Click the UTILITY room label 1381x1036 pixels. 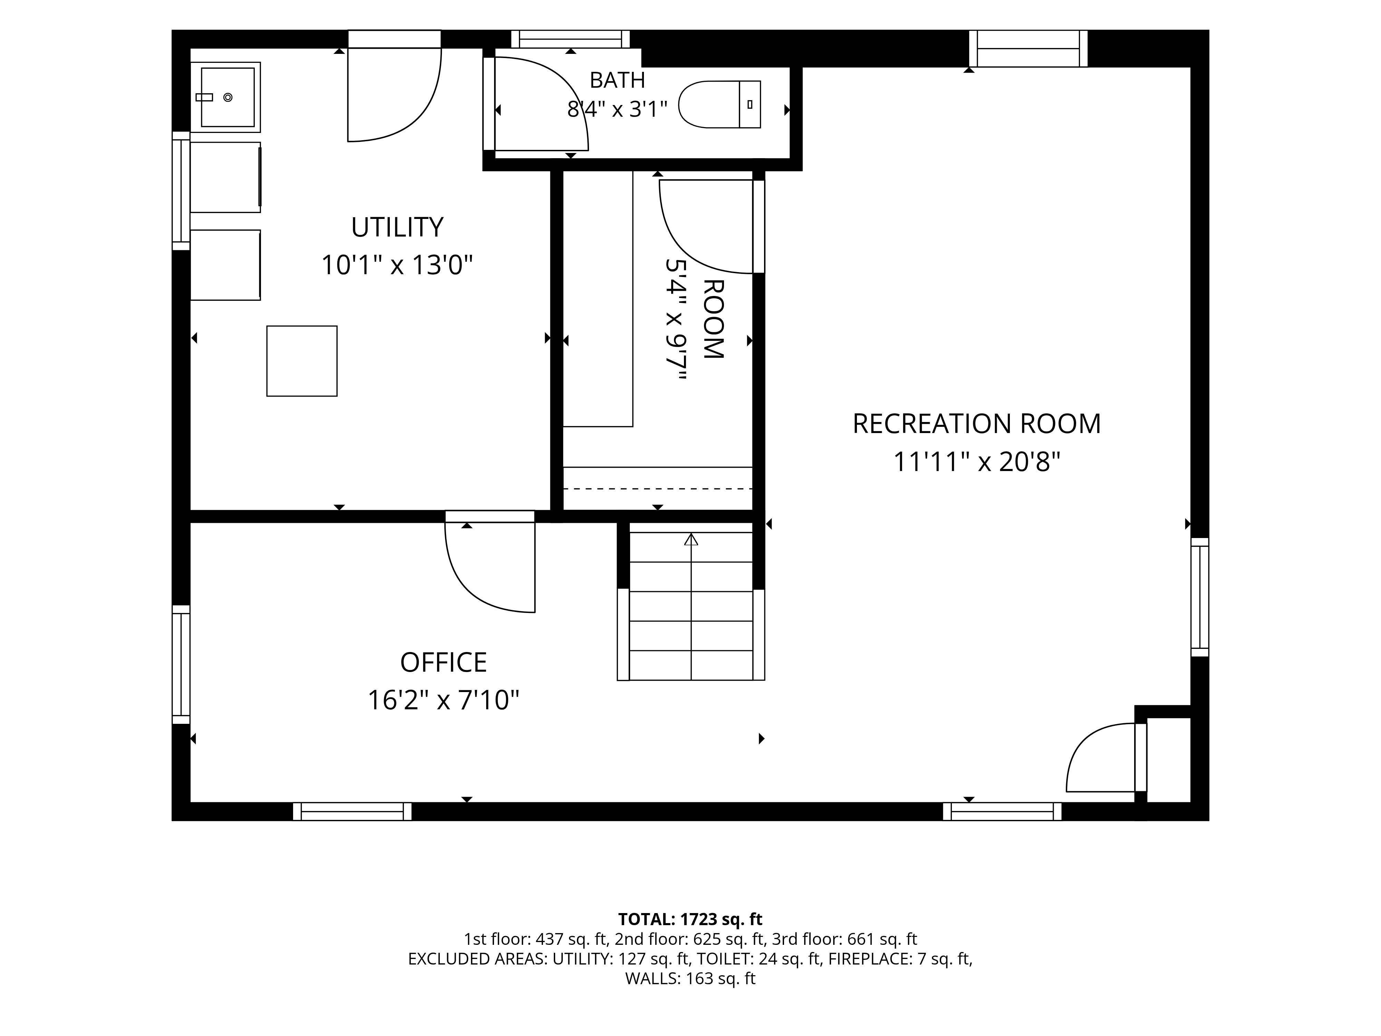[x=397, y=227]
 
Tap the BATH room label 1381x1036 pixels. [x=617, y=80]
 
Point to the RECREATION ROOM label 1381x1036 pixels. [x=976, y=424]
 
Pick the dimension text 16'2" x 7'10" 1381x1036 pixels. [x=443, y=700]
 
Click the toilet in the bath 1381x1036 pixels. [x=719, y=104]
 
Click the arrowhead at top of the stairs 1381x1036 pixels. [x=691, y=539]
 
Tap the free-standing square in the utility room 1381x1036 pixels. [x=302, y=361]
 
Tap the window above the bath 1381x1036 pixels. [x=571, y=39]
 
